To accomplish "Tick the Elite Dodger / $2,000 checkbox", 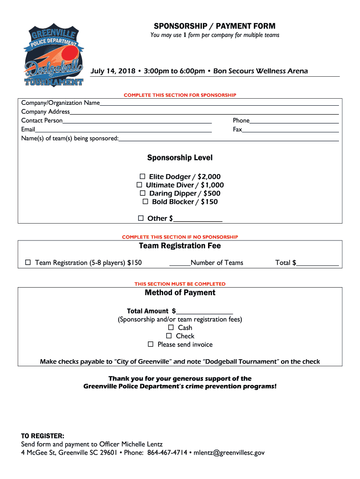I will coord(143,176).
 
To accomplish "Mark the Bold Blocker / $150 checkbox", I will coord(145,202).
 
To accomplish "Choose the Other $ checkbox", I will coord(141,218).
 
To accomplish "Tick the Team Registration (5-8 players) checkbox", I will coord(28,262).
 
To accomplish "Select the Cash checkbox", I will coord(171,327).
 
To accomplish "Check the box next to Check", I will coord(169,336).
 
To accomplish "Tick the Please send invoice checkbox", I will coord(151,344).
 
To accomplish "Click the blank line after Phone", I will coord(294,121).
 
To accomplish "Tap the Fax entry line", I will coord(290,130).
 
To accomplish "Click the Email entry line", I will coord(123,130).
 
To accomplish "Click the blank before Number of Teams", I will coord(180,263).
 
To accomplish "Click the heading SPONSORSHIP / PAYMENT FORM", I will coord(215,26).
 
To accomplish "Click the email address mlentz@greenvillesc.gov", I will coord(230,453).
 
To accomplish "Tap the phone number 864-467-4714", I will coord(167,453).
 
